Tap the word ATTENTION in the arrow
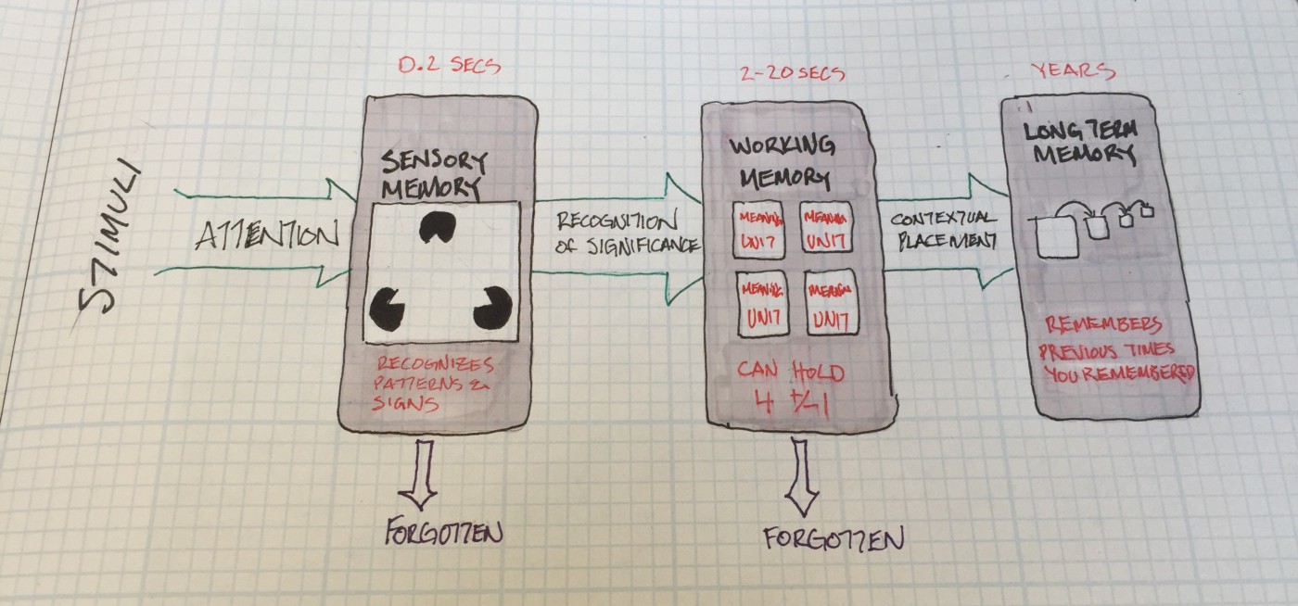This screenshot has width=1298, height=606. point(267,236)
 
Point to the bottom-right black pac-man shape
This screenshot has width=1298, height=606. point(491,308)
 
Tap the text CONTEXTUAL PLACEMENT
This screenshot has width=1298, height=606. point(944,230)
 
